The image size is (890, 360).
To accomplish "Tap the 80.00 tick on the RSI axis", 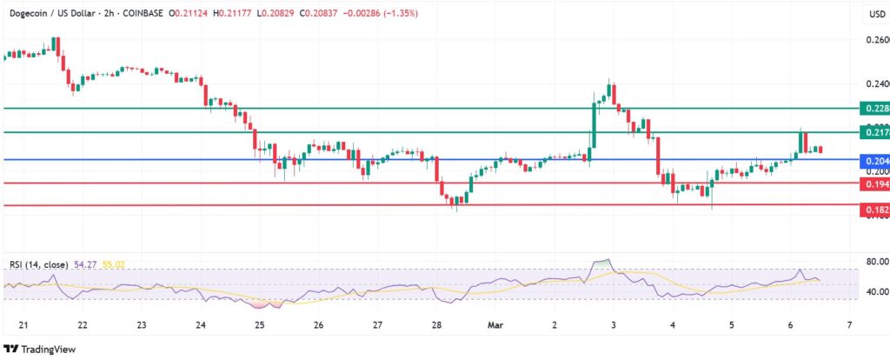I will [x=873, y=261].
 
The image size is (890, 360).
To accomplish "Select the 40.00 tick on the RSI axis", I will [x=873, y=292].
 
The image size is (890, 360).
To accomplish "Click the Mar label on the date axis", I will [x=495, y=324].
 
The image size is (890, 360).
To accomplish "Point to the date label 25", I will [x=260, y=324].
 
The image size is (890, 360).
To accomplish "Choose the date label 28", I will [x=437, y=324].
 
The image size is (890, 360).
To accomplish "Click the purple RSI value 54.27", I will [x=83, y=263].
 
